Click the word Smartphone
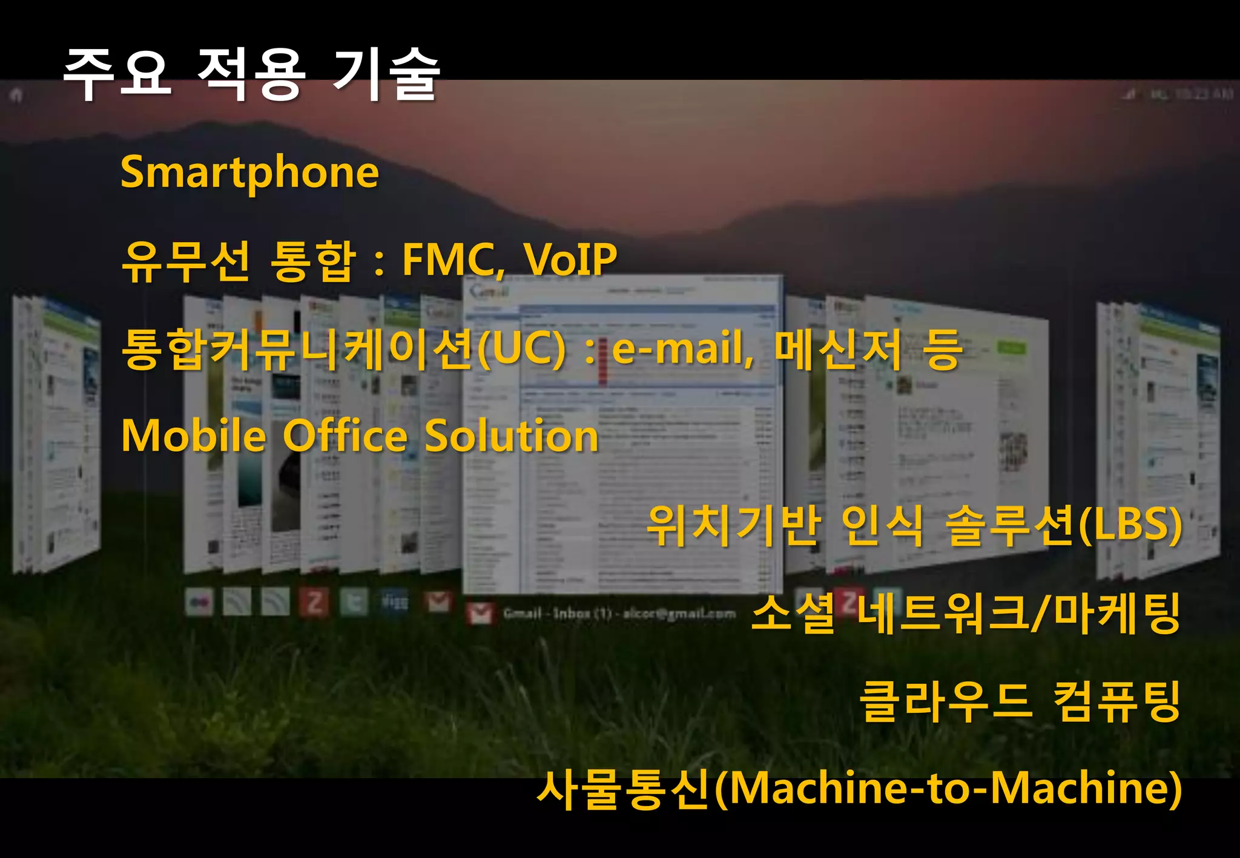(249, 173)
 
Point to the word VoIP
(570, 260)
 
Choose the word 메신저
(839, 350)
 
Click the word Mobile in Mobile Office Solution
(194, 436)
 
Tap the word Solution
(512, 436)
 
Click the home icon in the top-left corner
(16, 95)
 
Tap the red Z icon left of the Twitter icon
(314, 603)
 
